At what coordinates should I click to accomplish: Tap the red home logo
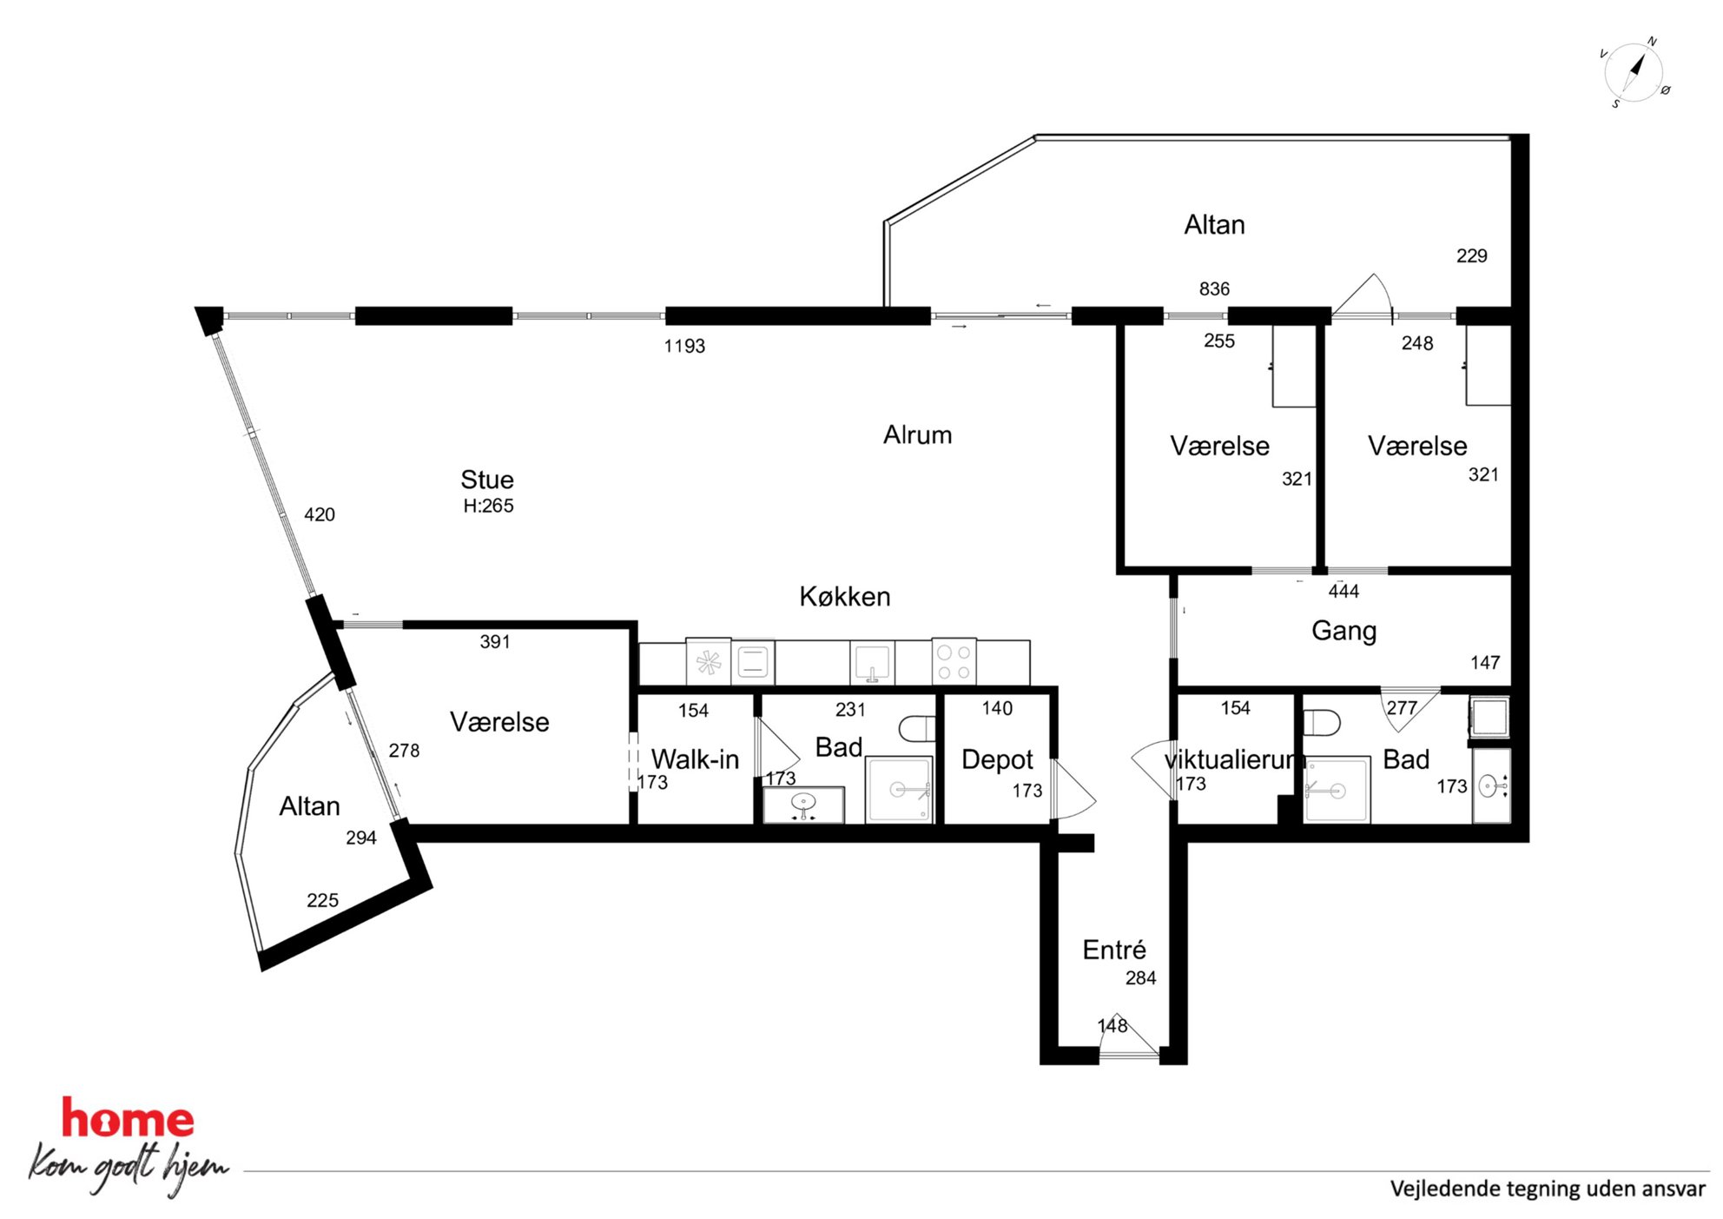(128, 1118)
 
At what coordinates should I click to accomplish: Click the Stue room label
(487, 480)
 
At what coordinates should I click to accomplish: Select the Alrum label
(917, 434)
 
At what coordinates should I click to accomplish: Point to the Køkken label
(845, 596)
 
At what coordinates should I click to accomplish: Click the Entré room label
(1114, 949)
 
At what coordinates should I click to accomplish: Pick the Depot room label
(997, 760)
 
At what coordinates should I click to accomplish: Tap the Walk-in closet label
(695, 759)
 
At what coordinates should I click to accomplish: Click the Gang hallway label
(1343, 631)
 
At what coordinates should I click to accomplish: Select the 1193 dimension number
(684, 346)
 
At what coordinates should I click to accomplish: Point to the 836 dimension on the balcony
(1214, 288)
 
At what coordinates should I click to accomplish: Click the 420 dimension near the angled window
(320, 514)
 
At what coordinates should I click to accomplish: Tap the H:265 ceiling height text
(488, 506)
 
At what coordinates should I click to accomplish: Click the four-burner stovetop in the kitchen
(954, 662)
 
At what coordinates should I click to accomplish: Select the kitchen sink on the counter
(872, 663)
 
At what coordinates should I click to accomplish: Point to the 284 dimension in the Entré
(1140, 977)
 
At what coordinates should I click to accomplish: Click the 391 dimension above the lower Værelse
(495, 641)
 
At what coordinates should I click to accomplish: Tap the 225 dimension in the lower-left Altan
(322, 900)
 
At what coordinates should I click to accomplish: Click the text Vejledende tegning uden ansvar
(1547, 1189)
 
